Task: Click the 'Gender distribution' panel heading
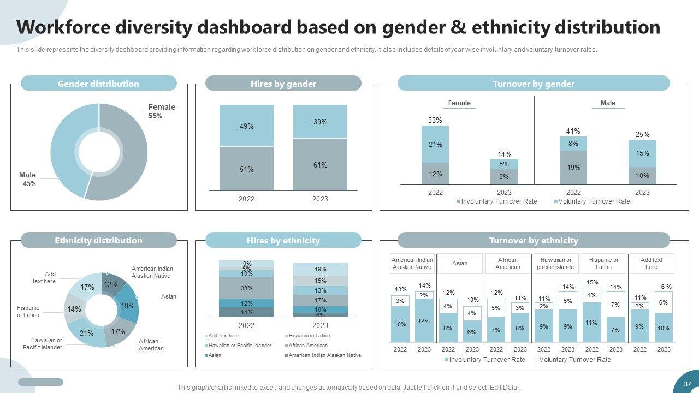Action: pyautogui.click(x=98, y=84)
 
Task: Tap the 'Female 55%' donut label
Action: pyautogui.click(x=161, y=111)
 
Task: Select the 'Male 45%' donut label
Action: pyautogui.click(x=28, y=180)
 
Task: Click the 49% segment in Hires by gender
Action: pyautogui.click(x=246, y=126)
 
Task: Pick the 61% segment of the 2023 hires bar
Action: pyautogui.click(x=320, y=165)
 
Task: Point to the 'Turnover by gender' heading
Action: pyautogui.click(x=533, y=84)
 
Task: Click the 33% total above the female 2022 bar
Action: pyautogui.click(x=435, y=120)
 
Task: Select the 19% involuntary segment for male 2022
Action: pyautogui.click(x=573, y=168)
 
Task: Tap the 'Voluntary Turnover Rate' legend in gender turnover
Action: pyautogui.click(x=595, y=201)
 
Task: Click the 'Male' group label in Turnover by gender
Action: pyautogui.click(x=607, y=103)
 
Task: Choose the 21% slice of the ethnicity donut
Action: pyautogui.click(x=87, y=333)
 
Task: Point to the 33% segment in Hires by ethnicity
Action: pyautogui.click(x=246, y=288)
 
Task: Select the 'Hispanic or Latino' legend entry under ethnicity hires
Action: pyautogui.click(x=309, y=336)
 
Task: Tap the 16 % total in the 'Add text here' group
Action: pyautogui.click(x=665, y=287)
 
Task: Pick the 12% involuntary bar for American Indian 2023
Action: pyautogui.click(x=424, y=321)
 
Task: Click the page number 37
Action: pyautogui.click(x=687, y=384)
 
